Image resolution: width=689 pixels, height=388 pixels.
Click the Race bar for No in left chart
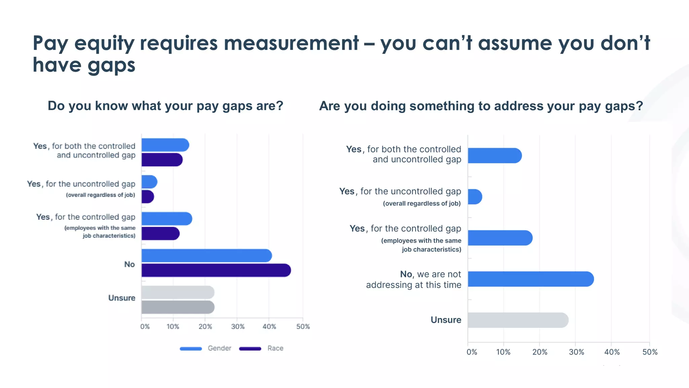[x=216, y=270]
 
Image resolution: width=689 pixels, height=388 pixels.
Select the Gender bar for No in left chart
[x=207, y=256]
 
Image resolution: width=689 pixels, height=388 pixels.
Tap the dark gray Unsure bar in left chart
[x=178, y=307]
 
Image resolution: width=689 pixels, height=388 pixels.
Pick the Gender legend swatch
[x=191, y=349]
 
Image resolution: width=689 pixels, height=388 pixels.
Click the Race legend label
[x=275, y=348]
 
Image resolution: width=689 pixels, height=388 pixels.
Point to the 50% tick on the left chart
[x=303, y=326]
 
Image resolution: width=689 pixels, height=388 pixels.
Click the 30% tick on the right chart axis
[x=576, y=352]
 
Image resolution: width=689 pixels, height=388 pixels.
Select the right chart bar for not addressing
[x=531, y=279]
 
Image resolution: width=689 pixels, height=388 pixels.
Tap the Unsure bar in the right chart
[x=518, y=320]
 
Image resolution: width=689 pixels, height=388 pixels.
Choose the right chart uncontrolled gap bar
[x=475, y=197]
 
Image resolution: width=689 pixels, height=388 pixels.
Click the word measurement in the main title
[x=291, y=43]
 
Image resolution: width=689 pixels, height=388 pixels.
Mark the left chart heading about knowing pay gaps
[x=166, y=106]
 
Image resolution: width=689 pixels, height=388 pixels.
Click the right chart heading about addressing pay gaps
[x=481, y=106]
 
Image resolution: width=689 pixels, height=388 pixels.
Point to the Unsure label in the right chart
[x=446, y=320]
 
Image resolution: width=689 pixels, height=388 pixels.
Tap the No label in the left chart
[x=130, y=264]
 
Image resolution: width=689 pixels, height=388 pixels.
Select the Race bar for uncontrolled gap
[x=147, y=197]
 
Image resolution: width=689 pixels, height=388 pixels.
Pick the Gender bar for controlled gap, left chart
[x=167, y=219]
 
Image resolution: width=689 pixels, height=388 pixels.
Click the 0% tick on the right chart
[x=472, y=352]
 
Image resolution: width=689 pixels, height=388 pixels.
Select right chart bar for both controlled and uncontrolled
[x=495, y=156]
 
